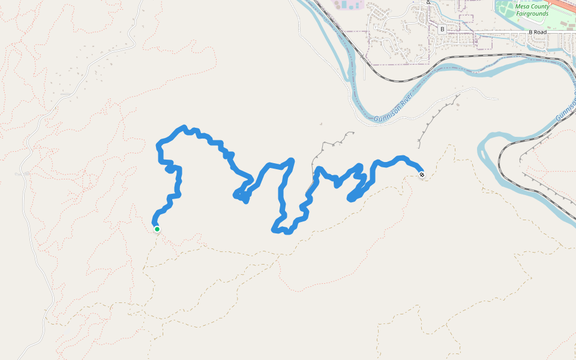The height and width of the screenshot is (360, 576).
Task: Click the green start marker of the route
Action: pyautogui.click(x=157, y=229)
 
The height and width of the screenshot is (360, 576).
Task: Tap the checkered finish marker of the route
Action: pyautogui.click(x=422, y=175)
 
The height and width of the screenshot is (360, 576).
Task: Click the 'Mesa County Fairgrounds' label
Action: pyautogui.click(x=532, y=10)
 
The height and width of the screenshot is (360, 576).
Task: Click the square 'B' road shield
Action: pyautogui.click(x=442, y=29)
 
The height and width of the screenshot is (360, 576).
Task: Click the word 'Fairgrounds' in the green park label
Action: pyautogui.click(x=533, y=13)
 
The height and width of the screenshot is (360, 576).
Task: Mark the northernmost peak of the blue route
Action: pyautogui.click(x=184, y=127)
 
